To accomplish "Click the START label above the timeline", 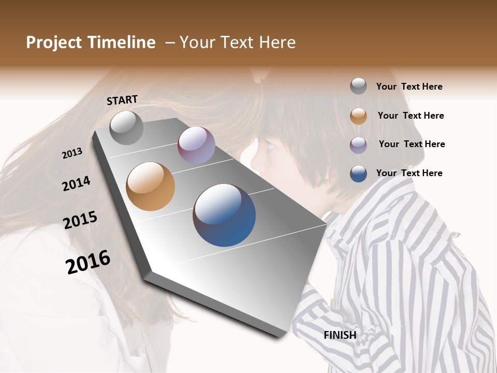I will click(122, 100).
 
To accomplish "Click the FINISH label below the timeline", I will click(340, 335).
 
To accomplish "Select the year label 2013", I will click(72, 153).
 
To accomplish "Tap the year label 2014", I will click(77, 183).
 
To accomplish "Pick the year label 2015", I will click(80, 220).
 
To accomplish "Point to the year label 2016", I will click(89, 262).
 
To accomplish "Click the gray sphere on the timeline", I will click(127, 127).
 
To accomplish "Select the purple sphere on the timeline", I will click(196, 145).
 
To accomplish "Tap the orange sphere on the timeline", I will click(151, 186).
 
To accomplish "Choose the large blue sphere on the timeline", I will click(224, 215).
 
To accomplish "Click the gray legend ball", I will click(358, 86).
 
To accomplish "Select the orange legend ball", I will click(358, 116).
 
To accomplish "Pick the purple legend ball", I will click(358, 145).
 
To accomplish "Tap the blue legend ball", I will click(358, 174).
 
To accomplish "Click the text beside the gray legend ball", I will click(409, 87).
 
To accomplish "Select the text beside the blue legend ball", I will click(409, 173).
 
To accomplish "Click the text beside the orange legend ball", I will click(411, 116).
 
